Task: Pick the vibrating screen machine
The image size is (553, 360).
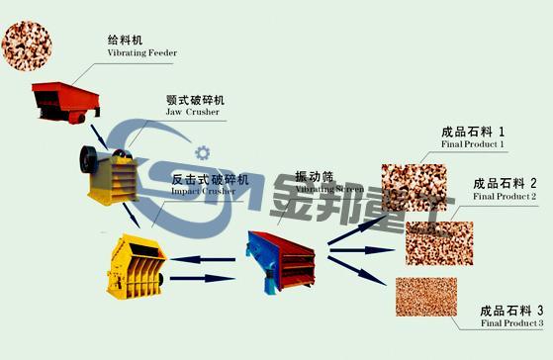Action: coord(283,255)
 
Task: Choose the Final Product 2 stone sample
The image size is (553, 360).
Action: coord(438,242)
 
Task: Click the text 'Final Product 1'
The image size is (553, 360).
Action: coord(473,145)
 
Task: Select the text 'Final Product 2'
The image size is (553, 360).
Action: coord(505,197)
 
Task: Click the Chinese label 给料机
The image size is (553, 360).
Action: coord(125,41)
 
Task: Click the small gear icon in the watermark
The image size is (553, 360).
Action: coord(204,152)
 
